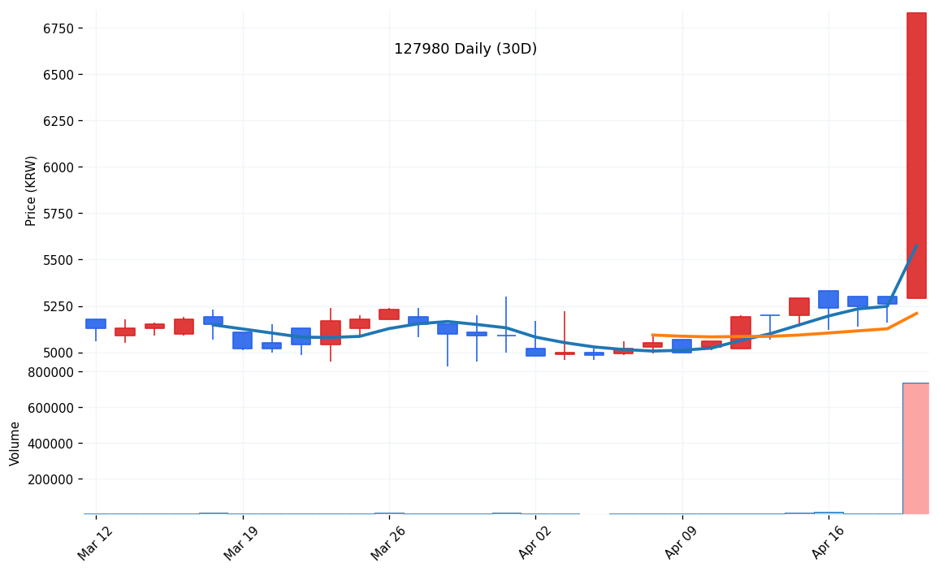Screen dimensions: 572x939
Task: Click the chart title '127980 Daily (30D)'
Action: pyautogui.click(x=465, y=50)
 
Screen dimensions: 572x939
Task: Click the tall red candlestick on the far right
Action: pyautogui.click(x=916, y=154)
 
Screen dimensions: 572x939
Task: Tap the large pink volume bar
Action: pyautogui.click(x=915, y=448)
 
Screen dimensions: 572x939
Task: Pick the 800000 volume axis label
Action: pyautogui.click(x=50, y=371)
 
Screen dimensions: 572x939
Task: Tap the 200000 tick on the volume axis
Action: pyautogui.click(x=50, y=479)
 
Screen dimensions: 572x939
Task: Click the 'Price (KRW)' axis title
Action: pyautogui.click(x=32, y=190)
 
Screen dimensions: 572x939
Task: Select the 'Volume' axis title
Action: pyautogui.click(x=15, y=443)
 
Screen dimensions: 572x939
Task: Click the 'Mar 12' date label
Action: pyautogui.click(x=95, y=543)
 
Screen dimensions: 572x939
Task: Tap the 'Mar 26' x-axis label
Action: pyautogui.click(x=387, y=543)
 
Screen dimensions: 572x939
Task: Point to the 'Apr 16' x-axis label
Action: pyautogui.click(x=828, y=543)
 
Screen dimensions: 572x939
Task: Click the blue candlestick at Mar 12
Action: pyautogui.click(x=95, y=323)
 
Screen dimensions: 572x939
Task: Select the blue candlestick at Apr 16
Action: pyautogui.click(x=829, y=299)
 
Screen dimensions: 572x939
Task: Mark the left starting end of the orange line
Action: pyautogui.click(x=653, y=335)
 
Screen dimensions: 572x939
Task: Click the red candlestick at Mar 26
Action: pyautogui.click(x=389, y=314)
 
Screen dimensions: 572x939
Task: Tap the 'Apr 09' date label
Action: pyautogui.click(x=681, y=543)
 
